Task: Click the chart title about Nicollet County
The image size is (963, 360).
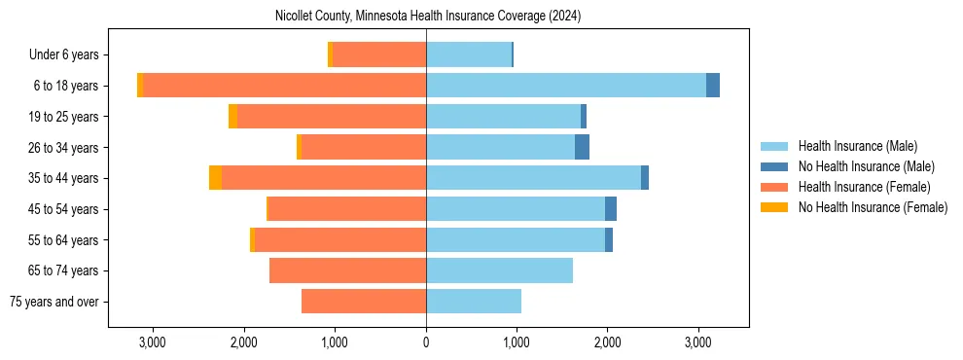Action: pyautogui.click(x=428, y=16)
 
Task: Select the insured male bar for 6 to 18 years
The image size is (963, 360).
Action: pyautogui.click(x=566, y=86)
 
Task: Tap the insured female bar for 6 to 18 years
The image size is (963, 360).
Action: pyautogui.click(x=284, y=86)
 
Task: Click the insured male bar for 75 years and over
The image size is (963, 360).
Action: pyautogui.click(x=474, y=302)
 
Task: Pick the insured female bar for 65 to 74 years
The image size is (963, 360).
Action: pyautogui.click(x=347, y=270)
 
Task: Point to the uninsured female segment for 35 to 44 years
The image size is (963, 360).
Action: pyautogui.click(x=215, y=178)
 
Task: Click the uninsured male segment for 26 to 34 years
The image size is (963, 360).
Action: pyautogui.click(x=582, y=147)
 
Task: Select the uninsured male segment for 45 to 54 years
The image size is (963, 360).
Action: pyautogui.click(x=611, y=209)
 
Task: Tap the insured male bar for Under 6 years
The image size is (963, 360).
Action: pyautogui.click(x=469, y=54)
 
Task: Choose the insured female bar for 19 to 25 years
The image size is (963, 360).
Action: pyautogui.click(x=332, y=117)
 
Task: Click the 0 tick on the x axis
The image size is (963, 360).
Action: pyautogui.click(x=426, y=342)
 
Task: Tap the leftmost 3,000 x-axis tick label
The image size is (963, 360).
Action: pyautogui.click(x=153, y=342)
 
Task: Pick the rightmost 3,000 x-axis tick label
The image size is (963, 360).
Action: pyautogui.click(x=698, y=342)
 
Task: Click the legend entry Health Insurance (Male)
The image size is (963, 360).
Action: pyautogui.click(x=857, y=146)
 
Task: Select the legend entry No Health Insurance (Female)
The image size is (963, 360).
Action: pyautogui.click(x=873, y=207)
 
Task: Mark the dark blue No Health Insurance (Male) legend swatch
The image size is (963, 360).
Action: pyautogui.click(x=774, y=166)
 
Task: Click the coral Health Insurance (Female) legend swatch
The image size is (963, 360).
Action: pyautogui.click(x=774, y=187)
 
